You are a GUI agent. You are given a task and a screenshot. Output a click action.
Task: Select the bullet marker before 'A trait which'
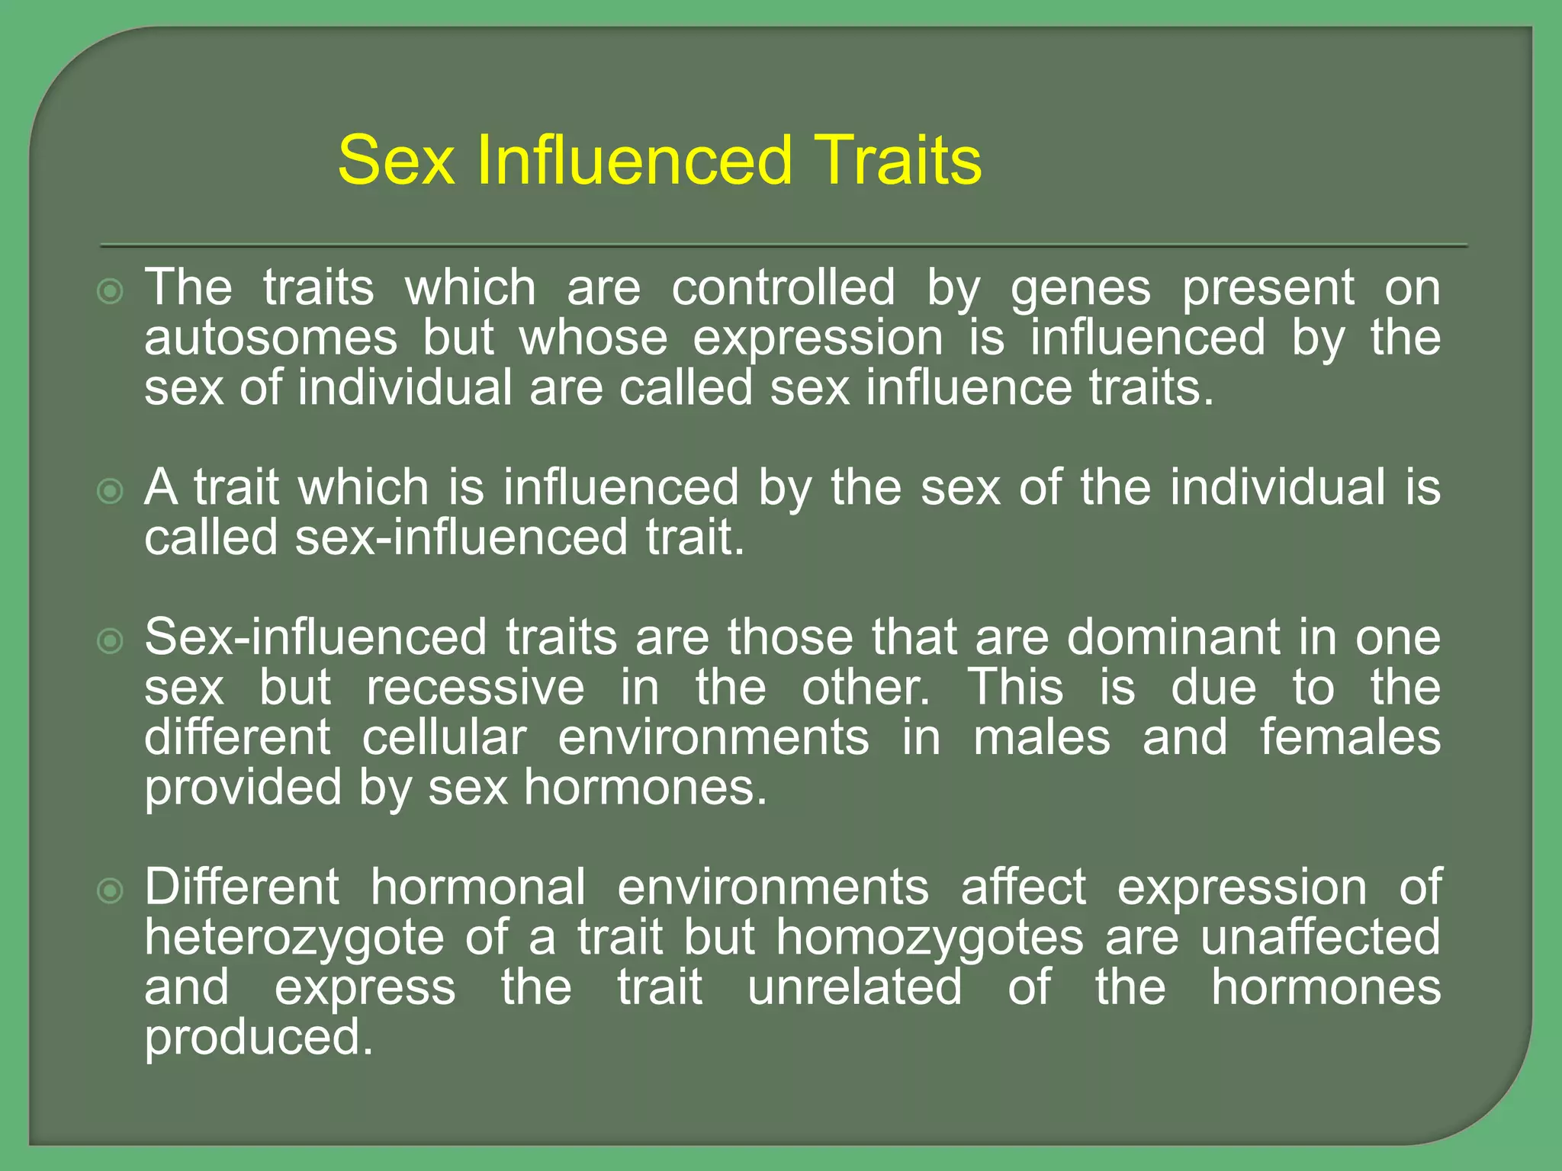pos(111,492)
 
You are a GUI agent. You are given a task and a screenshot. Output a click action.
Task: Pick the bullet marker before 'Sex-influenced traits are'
pos(111,641)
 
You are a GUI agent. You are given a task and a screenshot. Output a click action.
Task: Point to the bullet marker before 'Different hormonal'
pos(111,890)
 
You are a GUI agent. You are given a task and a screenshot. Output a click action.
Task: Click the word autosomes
pos(271,338)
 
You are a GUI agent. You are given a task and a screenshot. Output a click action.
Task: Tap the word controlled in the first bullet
pos(783,288)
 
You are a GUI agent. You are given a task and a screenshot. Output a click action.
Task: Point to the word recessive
pos(475,688)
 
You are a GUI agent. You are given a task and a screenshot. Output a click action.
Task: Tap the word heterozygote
pos(294,939)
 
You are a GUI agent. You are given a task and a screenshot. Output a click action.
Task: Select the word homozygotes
pos(930,939)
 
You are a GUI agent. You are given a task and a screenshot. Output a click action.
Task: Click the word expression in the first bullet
pos(818,340)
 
